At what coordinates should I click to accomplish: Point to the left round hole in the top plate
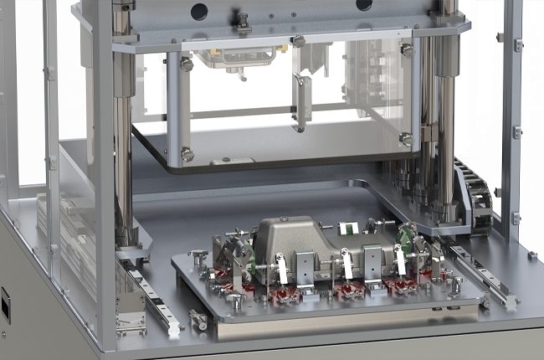click(x=198, y=12)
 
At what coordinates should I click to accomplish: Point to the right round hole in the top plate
click(x=364, y=5)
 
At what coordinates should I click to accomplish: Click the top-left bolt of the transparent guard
click(x=187, y=64)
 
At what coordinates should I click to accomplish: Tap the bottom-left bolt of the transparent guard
click(x=187, y=154)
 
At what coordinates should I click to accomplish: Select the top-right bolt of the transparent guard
click(x=407, y=51)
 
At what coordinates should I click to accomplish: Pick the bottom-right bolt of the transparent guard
click(x=406, y=139)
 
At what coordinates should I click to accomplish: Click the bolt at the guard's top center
click(x=298, y=41)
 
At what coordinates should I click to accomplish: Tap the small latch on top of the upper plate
click(x=243, y=23)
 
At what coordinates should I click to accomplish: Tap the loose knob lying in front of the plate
click(x=198, y=319)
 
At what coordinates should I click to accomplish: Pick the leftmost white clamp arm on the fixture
click(x=283, y=270)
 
